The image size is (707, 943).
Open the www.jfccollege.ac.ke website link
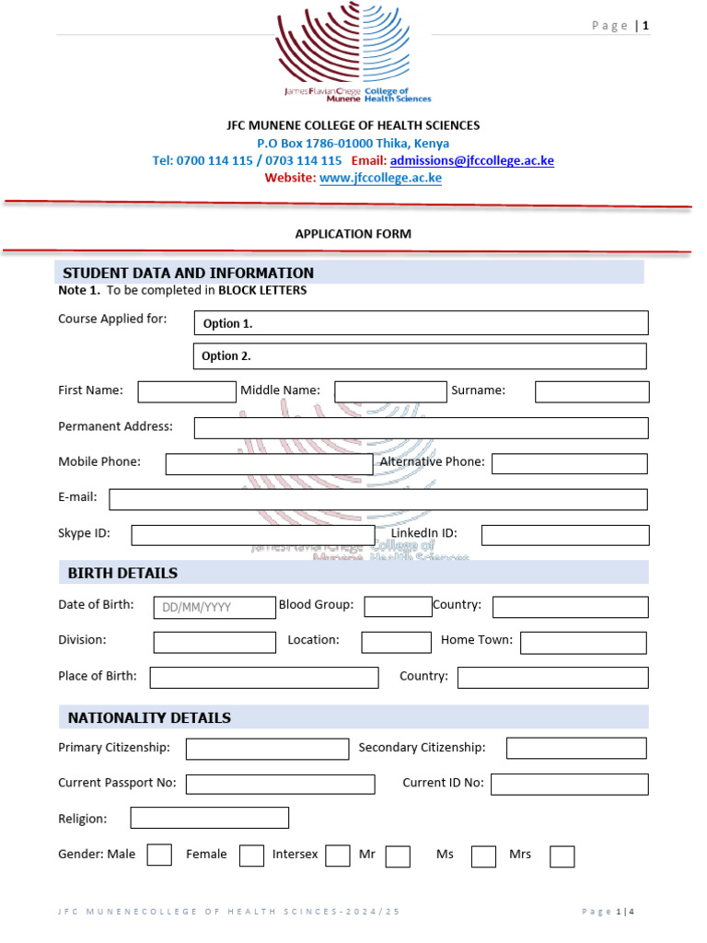tap(380, 178)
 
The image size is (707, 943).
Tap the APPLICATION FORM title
tap(353, 234)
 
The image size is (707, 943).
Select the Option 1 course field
tap(421, 323)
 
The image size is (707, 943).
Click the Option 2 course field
tap(420, 356)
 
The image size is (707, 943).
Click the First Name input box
tap(187, 391)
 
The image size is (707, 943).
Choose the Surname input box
tap(592, 391)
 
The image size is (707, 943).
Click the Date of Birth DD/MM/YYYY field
tap(214, 607)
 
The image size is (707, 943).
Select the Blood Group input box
tap(398, 606)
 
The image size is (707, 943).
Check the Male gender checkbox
tap(159, 856)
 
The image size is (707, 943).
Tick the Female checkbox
tap(251, 856)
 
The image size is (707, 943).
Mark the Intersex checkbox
tap(338, 856)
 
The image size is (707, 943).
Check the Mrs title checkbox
tap(562, 856)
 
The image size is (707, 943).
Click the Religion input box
tap(209, 818)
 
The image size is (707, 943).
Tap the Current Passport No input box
tap(280, 784)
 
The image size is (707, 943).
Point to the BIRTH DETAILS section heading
tap(122, 573)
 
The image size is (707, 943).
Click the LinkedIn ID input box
tap(565, 535)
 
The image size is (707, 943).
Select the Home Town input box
tap(584, 642)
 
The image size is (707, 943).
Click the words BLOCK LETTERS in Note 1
tap(262, 290)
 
